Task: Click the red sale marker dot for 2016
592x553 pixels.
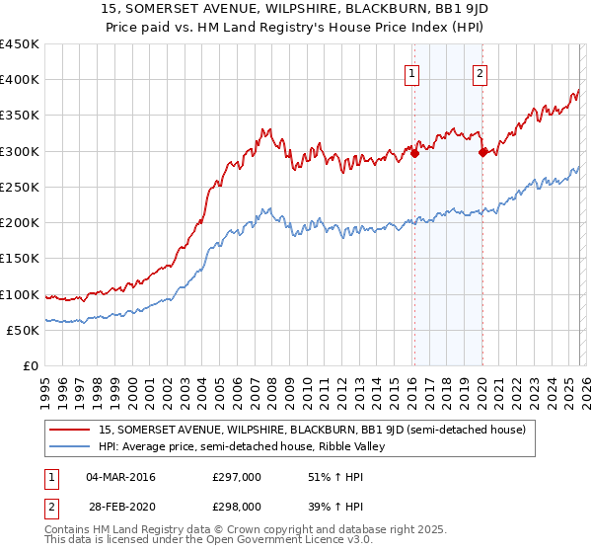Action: click(414, 153)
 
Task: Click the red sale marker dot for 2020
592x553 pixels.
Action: click(482, 152)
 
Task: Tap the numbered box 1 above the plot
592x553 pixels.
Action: click(410, 72)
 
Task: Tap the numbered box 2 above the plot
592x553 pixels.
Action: click(480, 72)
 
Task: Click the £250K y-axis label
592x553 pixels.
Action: click(20, 187)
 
